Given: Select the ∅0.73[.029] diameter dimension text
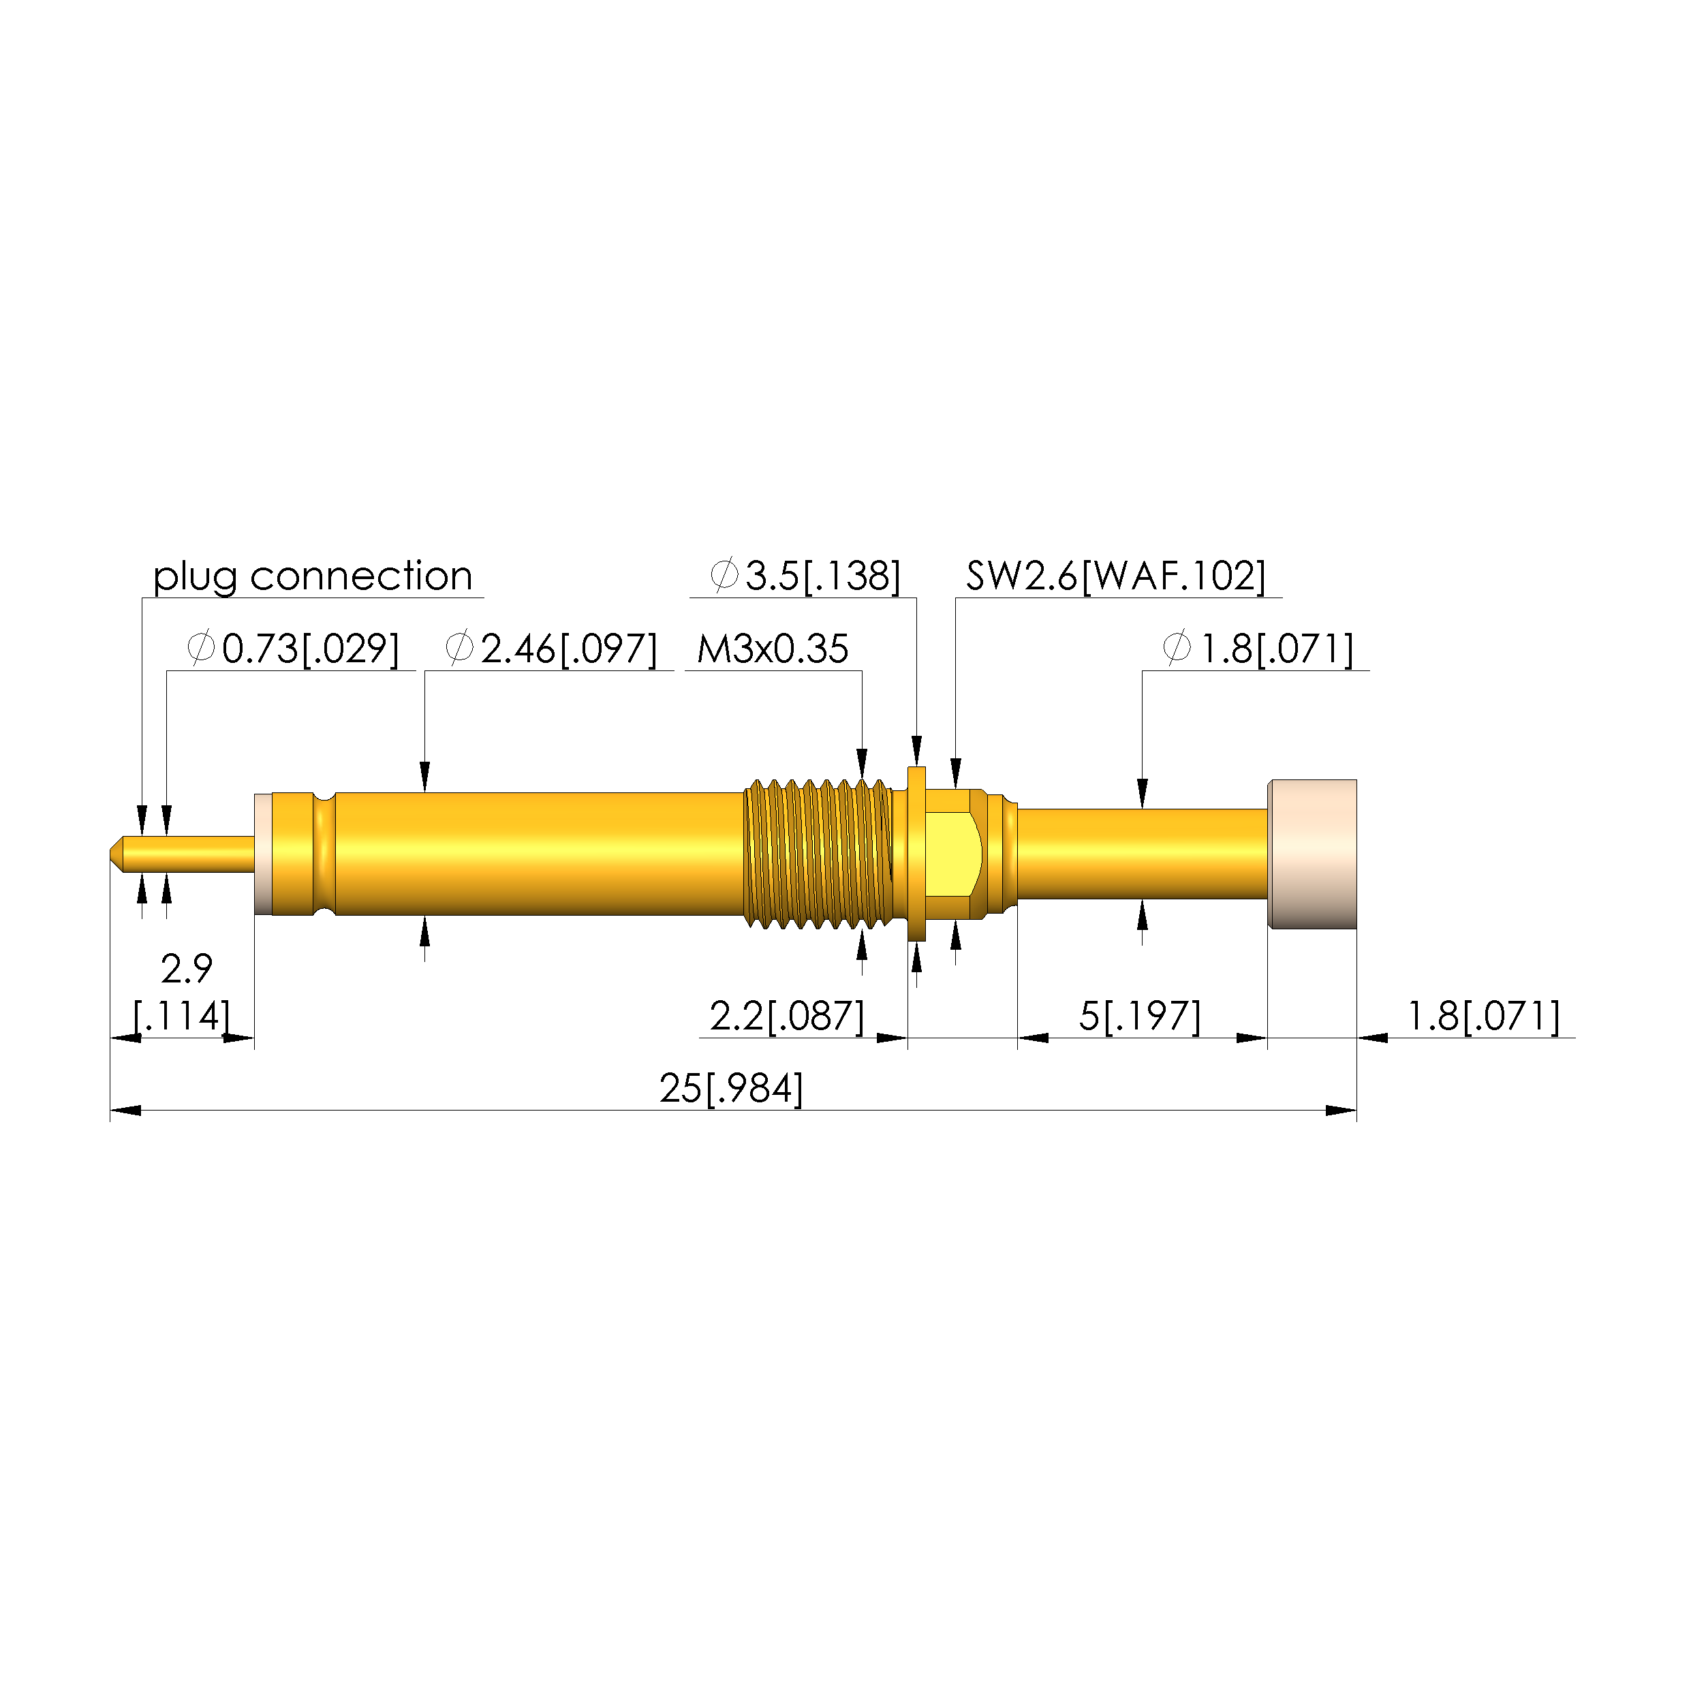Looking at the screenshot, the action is pos(293,649).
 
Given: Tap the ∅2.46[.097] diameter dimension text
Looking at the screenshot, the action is pos(552,649).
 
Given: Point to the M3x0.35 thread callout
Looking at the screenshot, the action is pos(773,649).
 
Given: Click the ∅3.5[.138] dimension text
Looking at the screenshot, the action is pos(805,576).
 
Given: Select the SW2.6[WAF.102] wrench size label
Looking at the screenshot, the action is pos(1116,576).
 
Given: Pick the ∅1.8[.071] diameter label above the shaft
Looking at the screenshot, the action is pos(1258,649).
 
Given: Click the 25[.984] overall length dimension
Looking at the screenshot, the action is pos(731,1089).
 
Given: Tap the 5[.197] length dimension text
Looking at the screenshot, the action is pos(1140,1017).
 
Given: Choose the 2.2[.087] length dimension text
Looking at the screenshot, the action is pos(788,1017).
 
